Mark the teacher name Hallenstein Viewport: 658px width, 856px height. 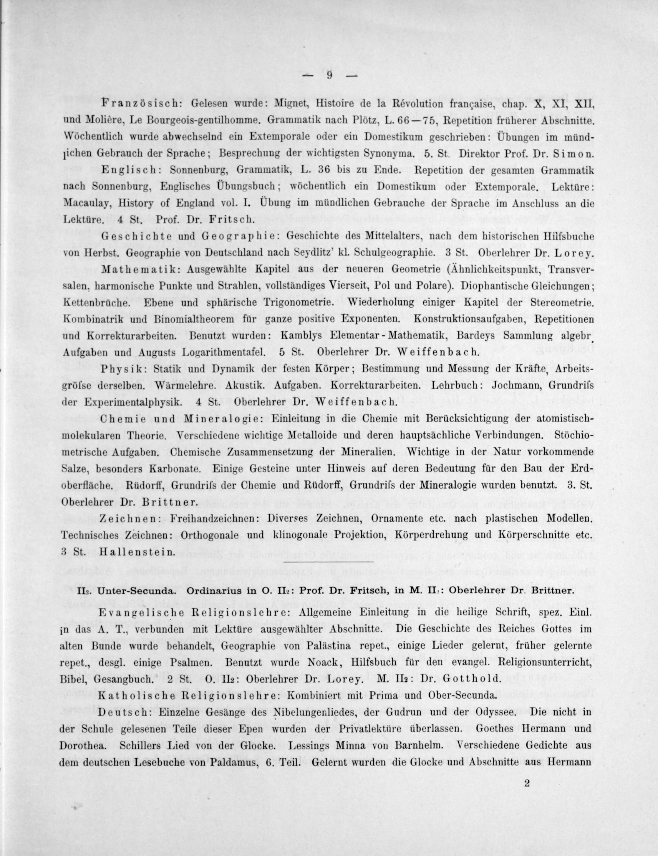pyautogui.click(x=136, y=552)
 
